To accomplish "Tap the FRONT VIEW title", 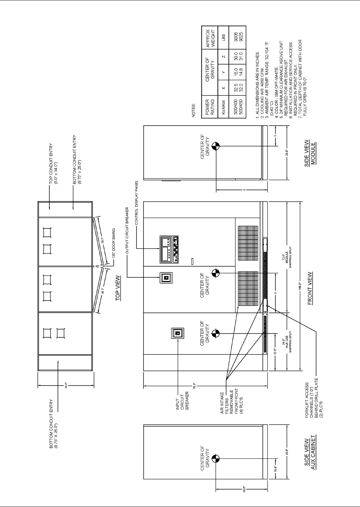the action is [x=310, y=288].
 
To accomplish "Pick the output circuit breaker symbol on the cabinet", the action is [x=166, y=277].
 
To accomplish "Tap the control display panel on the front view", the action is [x=169, y=250].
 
